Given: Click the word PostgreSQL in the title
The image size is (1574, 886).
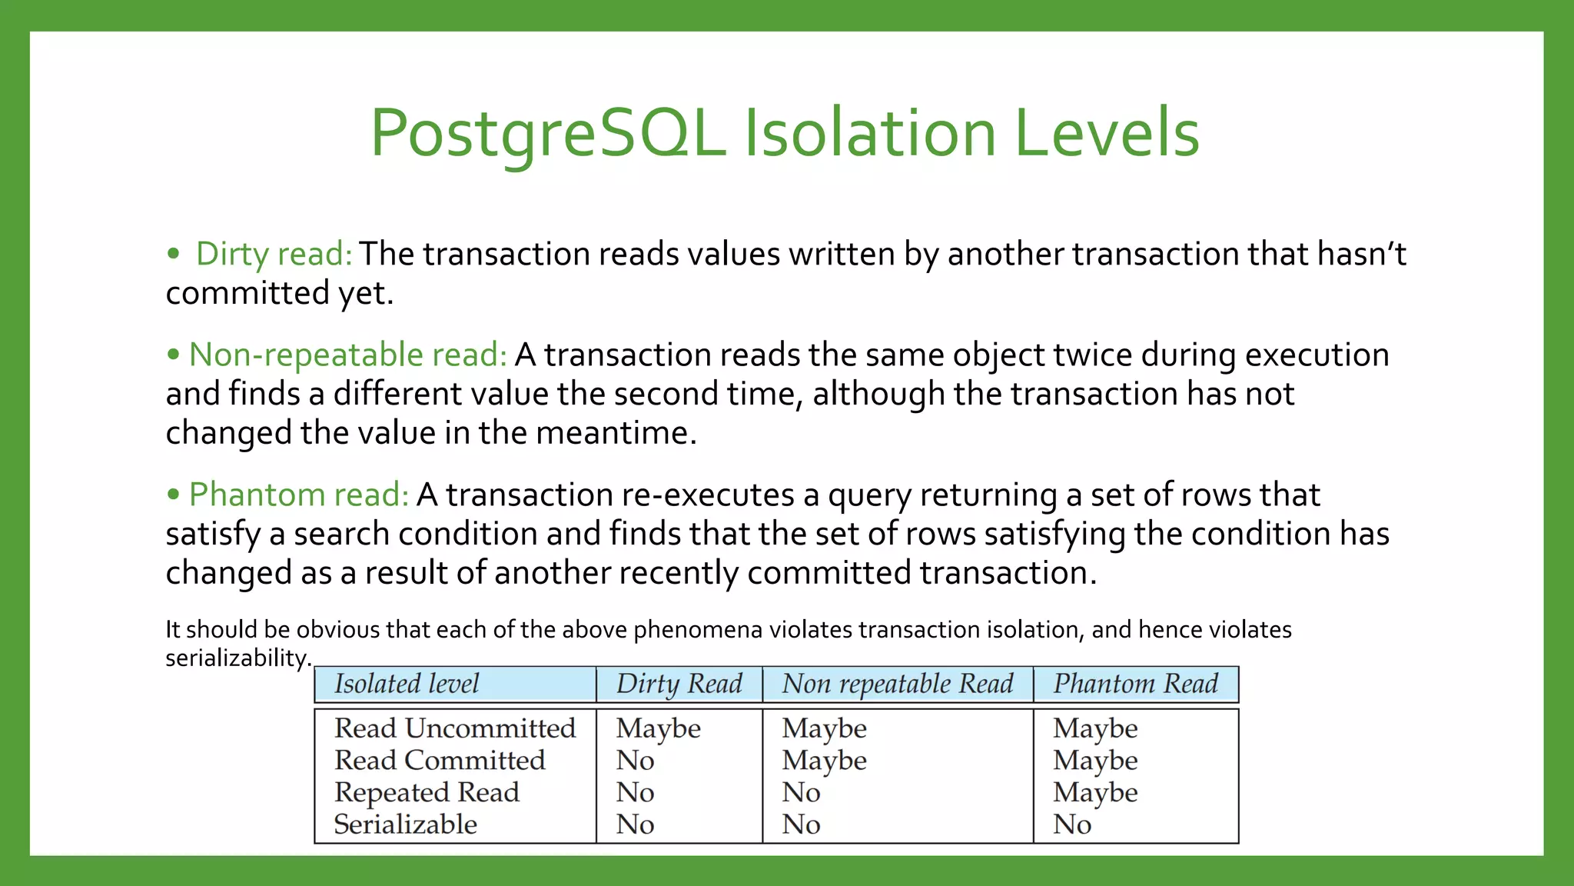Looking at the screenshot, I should [548, 133].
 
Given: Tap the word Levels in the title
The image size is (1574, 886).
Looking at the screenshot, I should [1107, 133].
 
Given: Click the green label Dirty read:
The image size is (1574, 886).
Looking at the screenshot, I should [274, 254].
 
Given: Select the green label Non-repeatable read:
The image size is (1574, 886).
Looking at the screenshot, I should [347, 355].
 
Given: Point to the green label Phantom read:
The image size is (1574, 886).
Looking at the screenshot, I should [299, 495].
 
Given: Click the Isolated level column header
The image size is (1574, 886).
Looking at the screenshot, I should [407, 684].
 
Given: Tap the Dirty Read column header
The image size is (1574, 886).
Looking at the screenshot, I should [679, 684].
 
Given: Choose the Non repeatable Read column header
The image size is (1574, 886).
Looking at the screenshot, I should [897, 684].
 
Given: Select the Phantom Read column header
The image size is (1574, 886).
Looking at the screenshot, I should [1135, 684].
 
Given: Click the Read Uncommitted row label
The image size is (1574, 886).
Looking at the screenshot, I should [454, 728].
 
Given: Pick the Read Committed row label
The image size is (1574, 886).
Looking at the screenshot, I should [440, 760].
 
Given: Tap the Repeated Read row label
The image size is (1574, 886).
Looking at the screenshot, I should [427, 792].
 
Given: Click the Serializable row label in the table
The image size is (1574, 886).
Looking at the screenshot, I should [405, 824].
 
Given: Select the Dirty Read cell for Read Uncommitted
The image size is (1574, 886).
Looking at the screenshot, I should [658, 728].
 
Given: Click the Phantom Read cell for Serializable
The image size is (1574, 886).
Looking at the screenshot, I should [1072, 824].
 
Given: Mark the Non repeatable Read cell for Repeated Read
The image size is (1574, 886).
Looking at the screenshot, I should [801, 792].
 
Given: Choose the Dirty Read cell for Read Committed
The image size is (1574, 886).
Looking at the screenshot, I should [635, 760].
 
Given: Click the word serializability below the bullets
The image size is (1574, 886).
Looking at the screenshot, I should [237, 658].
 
